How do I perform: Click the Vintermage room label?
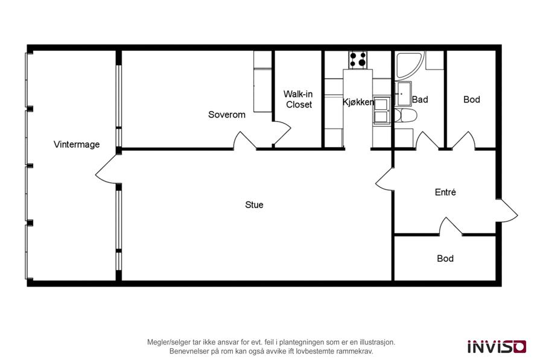77,144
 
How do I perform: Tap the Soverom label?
226,115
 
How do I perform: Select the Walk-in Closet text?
298,99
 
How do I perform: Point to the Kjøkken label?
358,102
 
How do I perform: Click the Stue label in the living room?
254,205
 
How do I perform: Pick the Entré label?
445,192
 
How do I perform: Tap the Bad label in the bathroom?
420,100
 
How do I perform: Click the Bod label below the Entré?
445,258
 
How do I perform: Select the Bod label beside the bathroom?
472,100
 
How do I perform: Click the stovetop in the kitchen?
358,59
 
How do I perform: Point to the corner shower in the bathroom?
410,65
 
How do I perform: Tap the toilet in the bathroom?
405,115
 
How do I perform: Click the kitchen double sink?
382,110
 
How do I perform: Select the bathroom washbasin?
404,93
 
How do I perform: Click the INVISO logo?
497,346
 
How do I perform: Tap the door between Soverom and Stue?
245,141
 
